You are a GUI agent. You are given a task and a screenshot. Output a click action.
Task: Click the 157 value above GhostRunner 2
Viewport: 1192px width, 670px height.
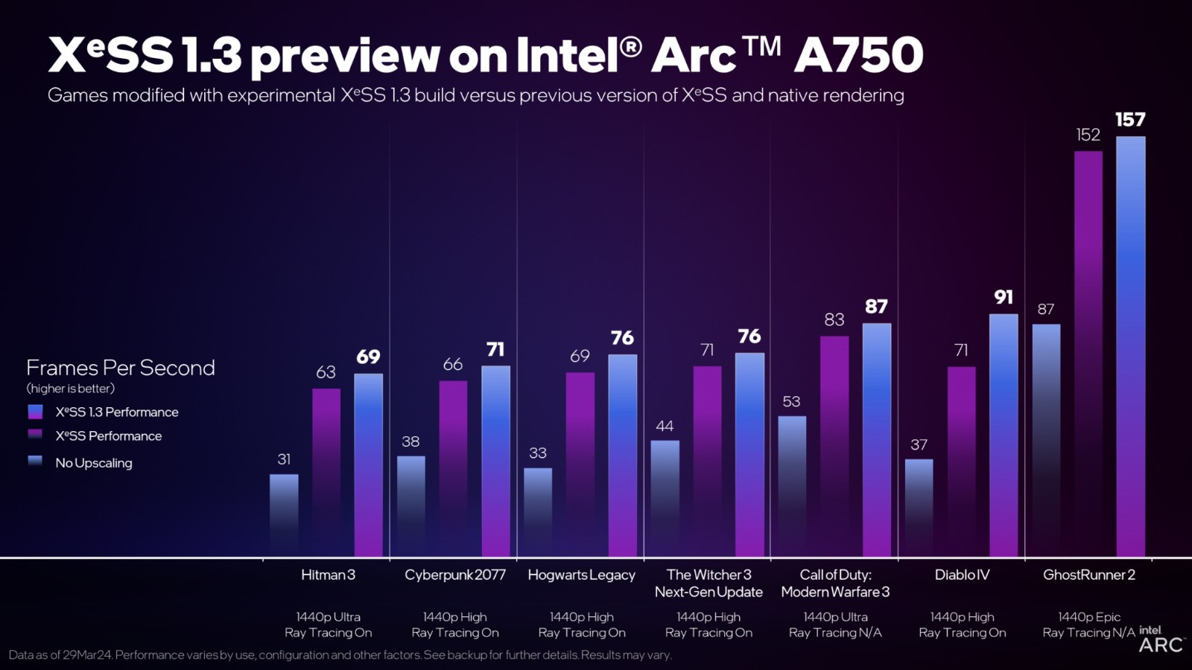pyautogui.click(x=1130, y=120)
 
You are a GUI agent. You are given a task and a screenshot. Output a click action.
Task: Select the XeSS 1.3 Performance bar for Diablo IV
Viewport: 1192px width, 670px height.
pyautogui.click(x=1004, y=435)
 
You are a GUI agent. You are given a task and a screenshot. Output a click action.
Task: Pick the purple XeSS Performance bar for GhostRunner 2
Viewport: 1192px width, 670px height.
pyautogui.click(x=1088, y=354)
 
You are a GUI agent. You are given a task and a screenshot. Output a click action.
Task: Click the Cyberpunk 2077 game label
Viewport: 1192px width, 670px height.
pyautogui.click(x=454, y=575)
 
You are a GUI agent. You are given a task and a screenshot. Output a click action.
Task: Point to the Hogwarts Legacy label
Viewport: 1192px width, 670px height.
pyautogui.click(x=581, y=575)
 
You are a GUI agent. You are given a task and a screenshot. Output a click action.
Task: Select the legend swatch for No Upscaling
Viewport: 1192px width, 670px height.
pyautogui.click(x=35, y=462)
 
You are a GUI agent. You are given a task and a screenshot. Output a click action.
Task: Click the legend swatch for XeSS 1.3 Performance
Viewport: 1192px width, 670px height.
pyautogui.click(x=35, y=412)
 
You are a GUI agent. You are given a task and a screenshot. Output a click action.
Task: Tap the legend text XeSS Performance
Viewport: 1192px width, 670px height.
pyautogui.click(x=108, y=436)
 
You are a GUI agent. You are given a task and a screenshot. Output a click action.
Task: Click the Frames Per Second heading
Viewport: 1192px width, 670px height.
pyautogui.click(x=120, y=368)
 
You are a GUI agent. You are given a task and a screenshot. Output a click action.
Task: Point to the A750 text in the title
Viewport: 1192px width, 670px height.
pyautogui.click(x=858, y=55)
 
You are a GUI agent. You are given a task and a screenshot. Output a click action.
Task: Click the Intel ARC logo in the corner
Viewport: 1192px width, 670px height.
pyautogui.click(x=1161, y=640)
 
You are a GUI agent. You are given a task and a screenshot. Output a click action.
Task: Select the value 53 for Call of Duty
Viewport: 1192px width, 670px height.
pyautogui.click(x=791, y=402)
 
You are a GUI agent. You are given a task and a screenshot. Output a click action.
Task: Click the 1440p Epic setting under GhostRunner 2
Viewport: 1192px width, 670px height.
pyautogui.click(x=1088, y=617)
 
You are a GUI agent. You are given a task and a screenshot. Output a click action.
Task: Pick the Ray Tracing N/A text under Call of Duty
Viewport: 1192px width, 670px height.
pyautogui.click(x=835, y=633)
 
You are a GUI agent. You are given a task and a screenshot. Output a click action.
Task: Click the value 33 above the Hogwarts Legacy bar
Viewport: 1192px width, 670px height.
pyautogui.click(x=538, y=453)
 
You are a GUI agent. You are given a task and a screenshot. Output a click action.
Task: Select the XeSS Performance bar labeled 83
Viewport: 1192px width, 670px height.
pyautogui.click(x=834, y=447)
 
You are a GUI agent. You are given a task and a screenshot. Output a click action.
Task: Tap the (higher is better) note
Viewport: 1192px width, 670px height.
pyautogui.click(x=71, y=389)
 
